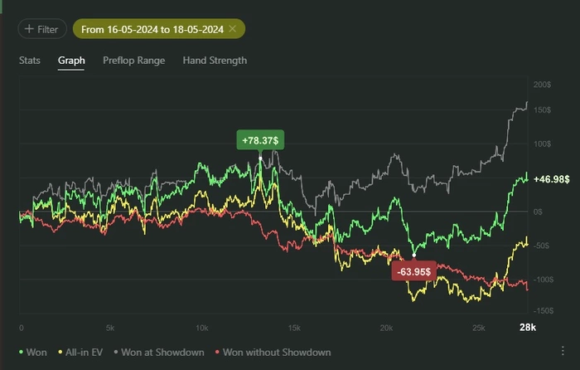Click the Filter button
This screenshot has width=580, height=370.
pos(41,29)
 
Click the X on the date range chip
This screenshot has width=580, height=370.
pos(233,29)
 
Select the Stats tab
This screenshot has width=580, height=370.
pos(30,61)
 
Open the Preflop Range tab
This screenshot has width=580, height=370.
pos(133,61)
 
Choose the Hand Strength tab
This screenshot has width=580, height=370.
pos(215,61)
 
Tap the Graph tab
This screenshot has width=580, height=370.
pos(71,61)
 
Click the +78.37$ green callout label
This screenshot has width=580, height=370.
pos(260,139)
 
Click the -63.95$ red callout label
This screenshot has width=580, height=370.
pos(414,271)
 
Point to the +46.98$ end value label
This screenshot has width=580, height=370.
pos(551,179)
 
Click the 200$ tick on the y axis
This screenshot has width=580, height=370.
pos(543,85)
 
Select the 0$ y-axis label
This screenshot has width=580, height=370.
pos(538,212)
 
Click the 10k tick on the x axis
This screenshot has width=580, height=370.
pos(201,328)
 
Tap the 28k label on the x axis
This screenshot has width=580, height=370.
pos(528,328)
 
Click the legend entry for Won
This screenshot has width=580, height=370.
pos(33,353)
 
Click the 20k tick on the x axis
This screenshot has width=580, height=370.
pos(385,328)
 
